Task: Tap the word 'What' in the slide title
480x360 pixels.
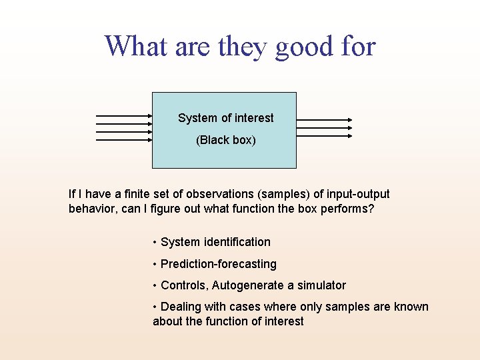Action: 136,47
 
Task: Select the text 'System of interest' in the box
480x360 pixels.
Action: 225,118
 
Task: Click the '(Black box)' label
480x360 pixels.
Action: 225,140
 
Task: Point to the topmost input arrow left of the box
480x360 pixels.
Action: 124,115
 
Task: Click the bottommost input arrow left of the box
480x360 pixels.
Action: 124,140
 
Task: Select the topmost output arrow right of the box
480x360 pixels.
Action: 324,120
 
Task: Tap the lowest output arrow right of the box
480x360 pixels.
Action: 324,136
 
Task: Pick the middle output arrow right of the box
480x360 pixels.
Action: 324,128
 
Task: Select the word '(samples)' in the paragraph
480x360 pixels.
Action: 285,194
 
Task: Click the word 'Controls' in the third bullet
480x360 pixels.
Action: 183,285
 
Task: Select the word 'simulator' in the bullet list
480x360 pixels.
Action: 321,285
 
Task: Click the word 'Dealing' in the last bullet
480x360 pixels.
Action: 181,307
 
